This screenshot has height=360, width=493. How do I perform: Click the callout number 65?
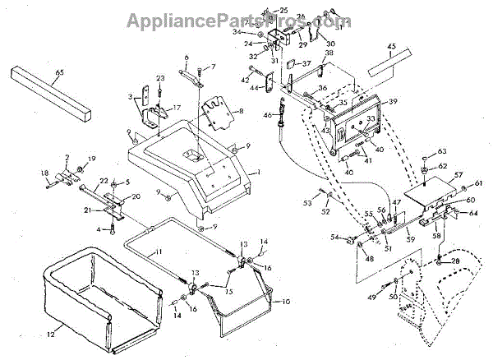pyautogui.click(x=58, y=73)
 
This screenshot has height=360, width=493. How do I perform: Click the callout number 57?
pyautogui.click(x=458, y=175)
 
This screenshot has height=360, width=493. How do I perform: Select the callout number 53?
pyautogui.click(x=309, y=201)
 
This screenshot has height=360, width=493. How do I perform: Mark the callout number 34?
pyautogui.click(x=259, y=32)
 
